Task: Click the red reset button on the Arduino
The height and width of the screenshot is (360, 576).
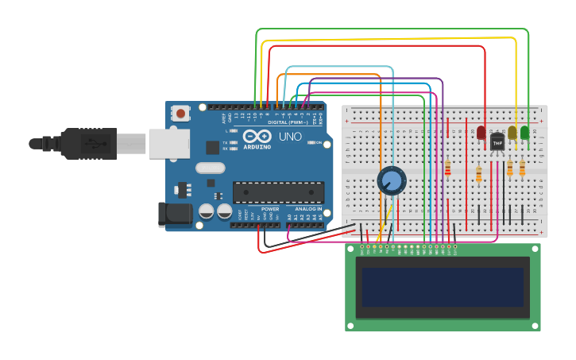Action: click(181, 114)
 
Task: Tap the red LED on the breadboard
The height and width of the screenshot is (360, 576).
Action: click(481, 132)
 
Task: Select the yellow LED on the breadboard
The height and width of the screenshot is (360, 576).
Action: click(512, 132)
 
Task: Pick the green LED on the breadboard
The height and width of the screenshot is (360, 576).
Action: click(524, 132)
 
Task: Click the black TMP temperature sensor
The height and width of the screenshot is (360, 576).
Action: click(497, 141)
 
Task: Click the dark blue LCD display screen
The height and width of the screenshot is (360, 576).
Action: click(443, 287)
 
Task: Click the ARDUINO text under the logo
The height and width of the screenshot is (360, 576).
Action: click(257, 147)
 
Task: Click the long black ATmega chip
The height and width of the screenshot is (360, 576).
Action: click(278, 192)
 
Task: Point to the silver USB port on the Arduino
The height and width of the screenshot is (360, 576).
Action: click(169, 144)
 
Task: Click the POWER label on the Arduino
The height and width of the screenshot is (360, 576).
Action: click(269, 208)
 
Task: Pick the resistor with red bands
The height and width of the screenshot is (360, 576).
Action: click(447, 168)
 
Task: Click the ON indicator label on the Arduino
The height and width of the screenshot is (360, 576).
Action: click(317, 143)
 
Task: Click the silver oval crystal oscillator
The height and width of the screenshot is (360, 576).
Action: click(211, 168)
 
